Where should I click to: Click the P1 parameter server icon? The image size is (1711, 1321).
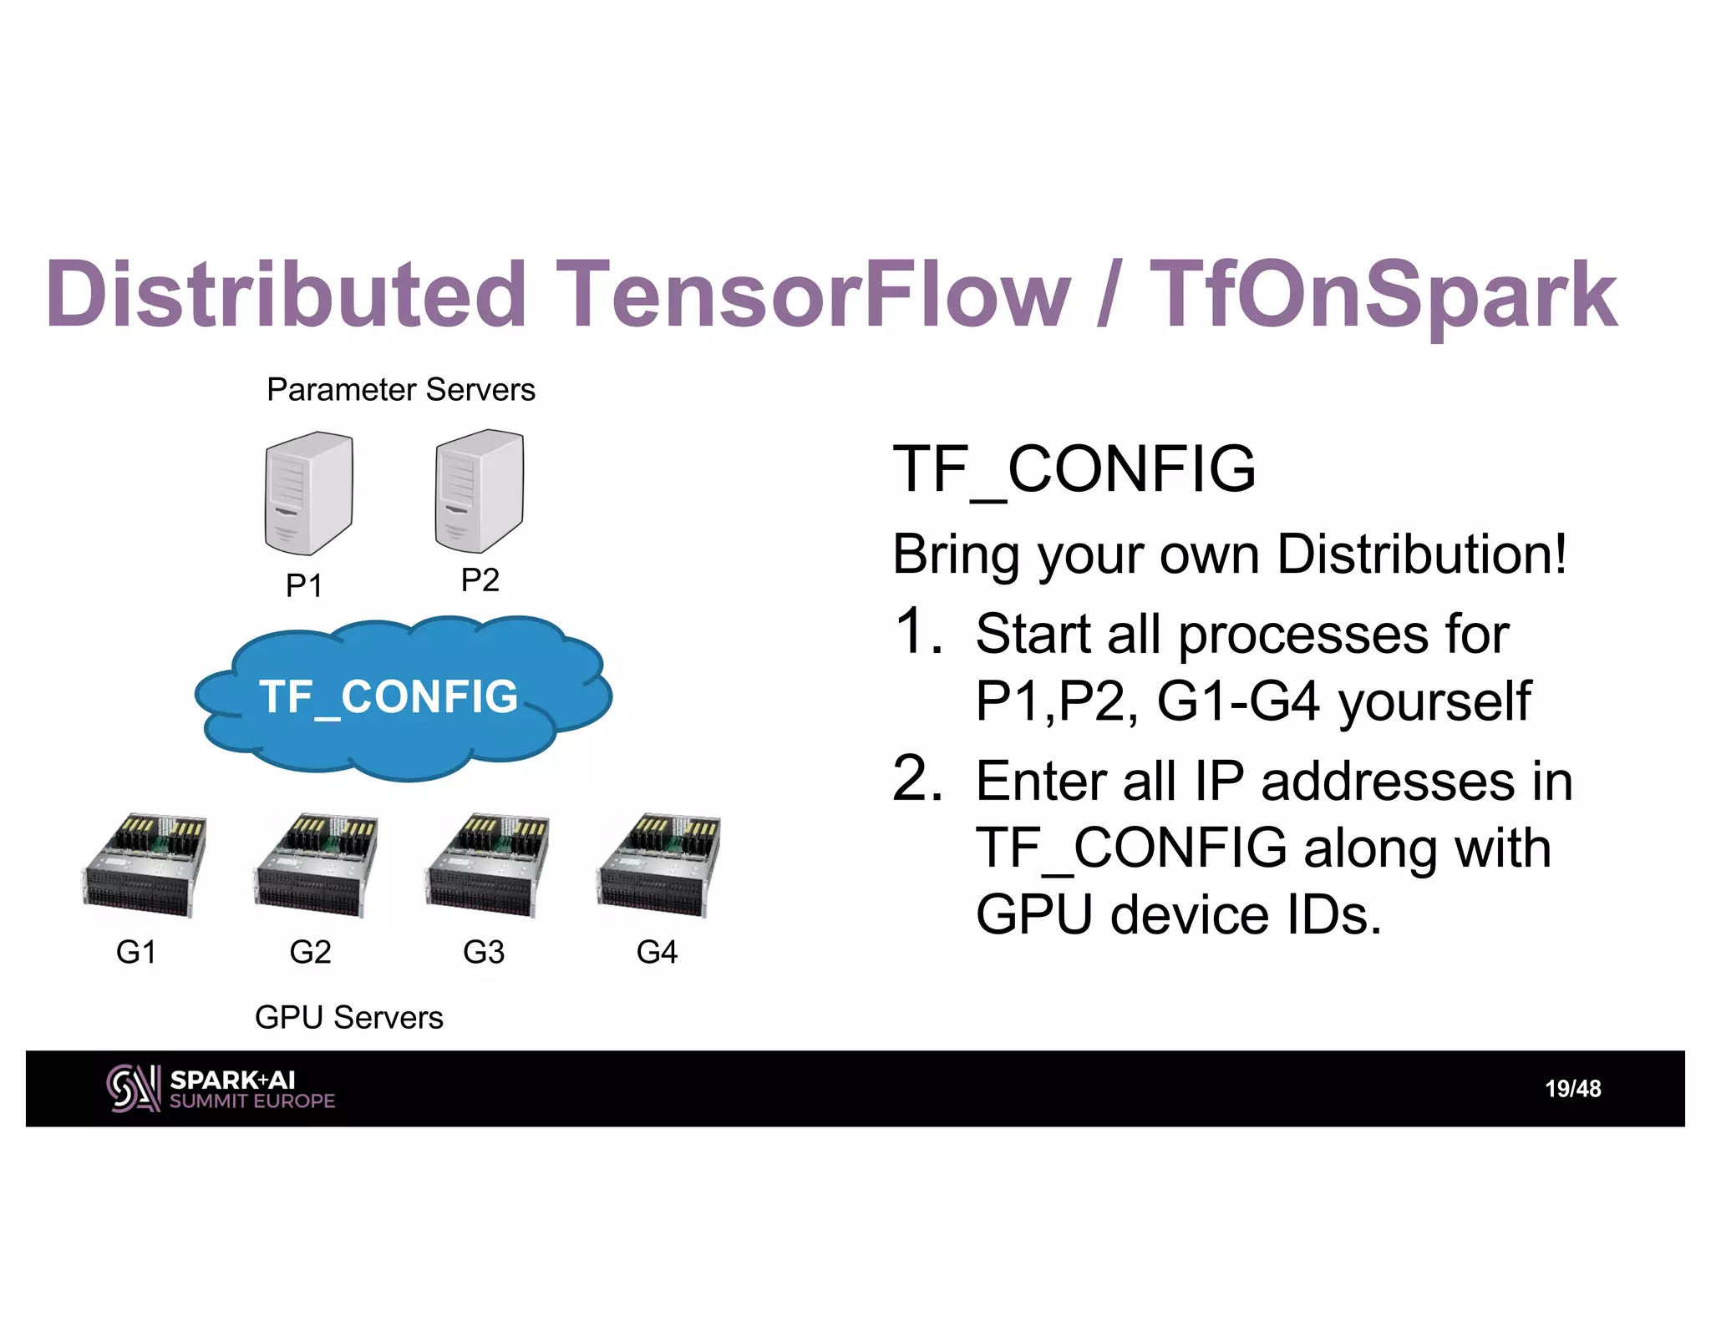point(308,493)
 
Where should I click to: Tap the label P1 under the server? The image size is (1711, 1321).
point(303,585)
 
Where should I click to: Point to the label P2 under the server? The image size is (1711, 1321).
point(480,580)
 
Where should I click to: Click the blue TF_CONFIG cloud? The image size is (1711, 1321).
point(404,698)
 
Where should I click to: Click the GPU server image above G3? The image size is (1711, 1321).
point(488,865)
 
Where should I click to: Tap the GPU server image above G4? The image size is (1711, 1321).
point(659,865)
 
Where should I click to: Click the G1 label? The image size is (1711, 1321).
point(136,952)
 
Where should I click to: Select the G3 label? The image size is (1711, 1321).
point(484,952)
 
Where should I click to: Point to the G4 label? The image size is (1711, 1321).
point(657,952)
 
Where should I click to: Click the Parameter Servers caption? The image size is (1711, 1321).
point(401,390)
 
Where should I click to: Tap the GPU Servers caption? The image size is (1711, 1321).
point(348,1017)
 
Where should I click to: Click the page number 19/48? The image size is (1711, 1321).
point(1572,1089)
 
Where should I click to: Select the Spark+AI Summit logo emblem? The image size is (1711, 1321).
point(133,1089)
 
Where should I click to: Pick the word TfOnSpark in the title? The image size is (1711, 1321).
point(1384,294)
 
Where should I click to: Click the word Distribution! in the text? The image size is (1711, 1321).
point(1422,554)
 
